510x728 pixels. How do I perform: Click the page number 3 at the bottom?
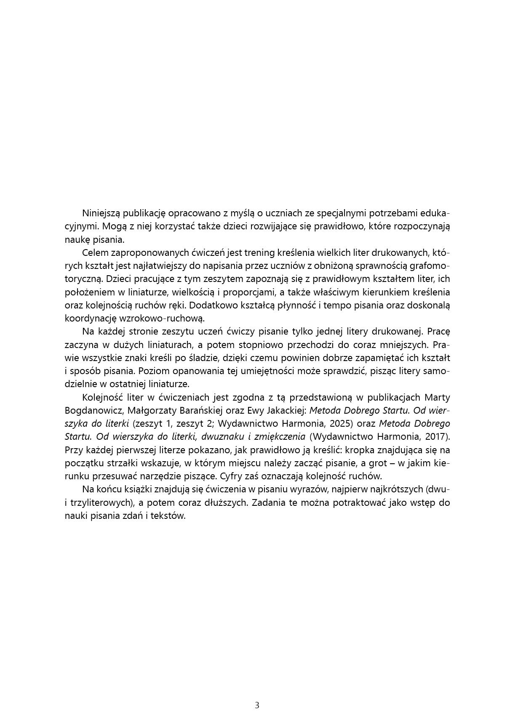[x=257, y=705]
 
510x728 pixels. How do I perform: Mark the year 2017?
[x=435, y=436]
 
